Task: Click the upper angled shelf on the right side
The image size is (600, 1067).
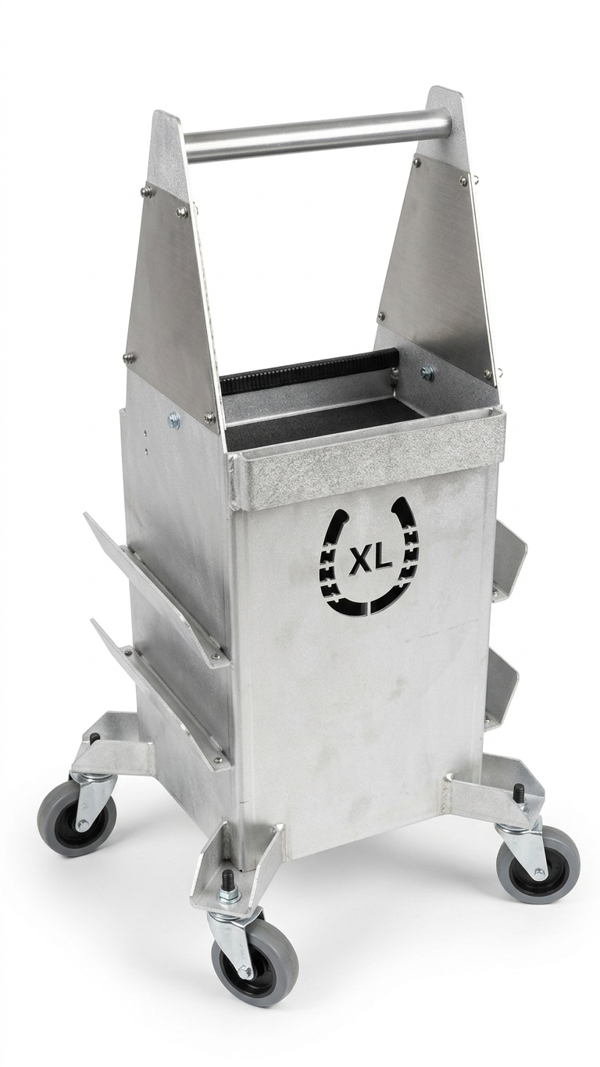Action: [508, 557]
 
